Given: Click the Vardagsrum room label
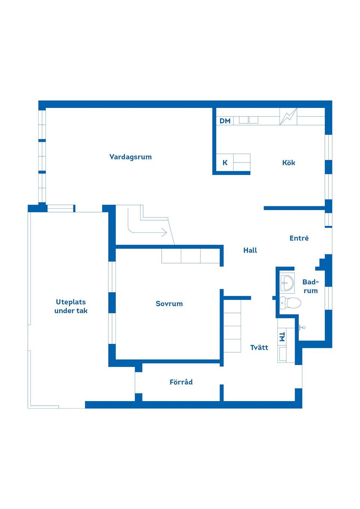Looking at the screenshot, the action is (130, 157).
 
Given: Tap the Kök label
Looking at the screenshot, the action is (289, 162).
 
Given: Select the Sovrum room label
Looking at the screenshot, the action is (169, 304).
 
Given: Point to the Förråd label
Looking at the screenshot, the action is (181, 382).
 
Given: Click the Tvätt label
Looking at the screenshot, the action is (259, 347).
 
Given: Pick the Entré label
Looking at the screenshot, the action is (299, 238).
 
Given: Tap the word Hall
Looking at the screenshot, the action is (250, 250).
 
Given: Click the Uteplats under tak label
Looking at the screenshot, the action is (71, 306).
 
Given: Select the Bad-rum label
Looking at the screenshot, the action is (310, 286).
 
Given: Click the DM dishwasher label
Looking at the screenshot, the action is (225, 121).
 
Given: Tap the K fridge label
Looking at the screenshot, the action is (225, 163).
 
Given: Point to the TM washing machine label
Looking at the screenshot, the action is (282, 337).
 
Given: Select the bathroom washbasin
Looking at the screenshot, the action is (287, 283).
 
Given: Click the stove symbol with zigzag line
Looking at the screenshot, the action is (288, 117).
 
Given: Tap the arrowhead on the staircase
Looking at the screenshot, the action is (165, 232).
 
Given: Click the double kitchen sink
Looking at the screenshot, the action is (248, 120).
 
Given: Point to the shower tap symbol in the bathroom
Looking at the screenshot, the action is (302, 328).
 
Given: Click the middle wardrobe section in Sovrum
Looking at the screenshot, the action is (190, 256).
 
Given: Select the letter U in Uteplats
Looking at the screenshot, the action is (58, 302).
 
